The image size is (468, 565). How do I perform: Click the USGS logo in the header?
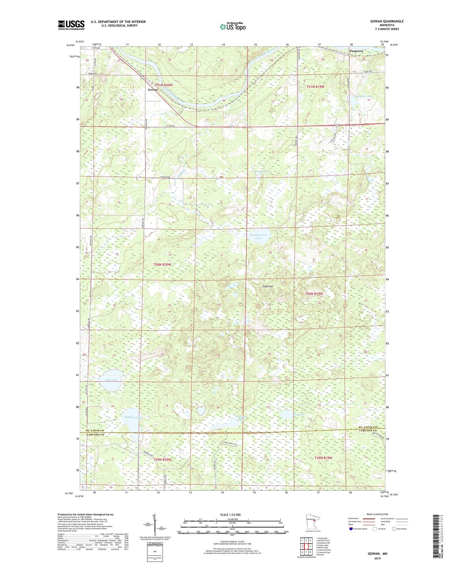(x=71, y=25)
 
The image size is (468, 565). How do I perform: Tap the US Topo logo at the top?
(x=232, y=27)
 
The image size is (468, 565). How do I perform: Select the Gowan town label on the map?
(x=153, y=90)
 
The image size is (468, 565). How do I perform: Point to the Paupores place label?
(x=356, y=51)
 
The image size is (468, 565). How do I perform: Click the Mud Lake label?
(x=111, y=380)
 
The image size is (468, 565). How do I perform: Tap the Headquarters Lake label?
(x=258, y=236)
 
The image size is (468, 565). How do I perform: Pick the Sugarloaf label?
(x=268, y=286)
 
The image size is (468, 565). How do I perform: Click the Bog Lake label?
(x=299, y=414)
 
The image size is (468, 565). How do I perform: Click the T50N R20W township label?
(x=162, y=264)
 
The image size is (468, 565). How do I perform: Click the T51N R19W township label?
(x=315, y=87)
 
